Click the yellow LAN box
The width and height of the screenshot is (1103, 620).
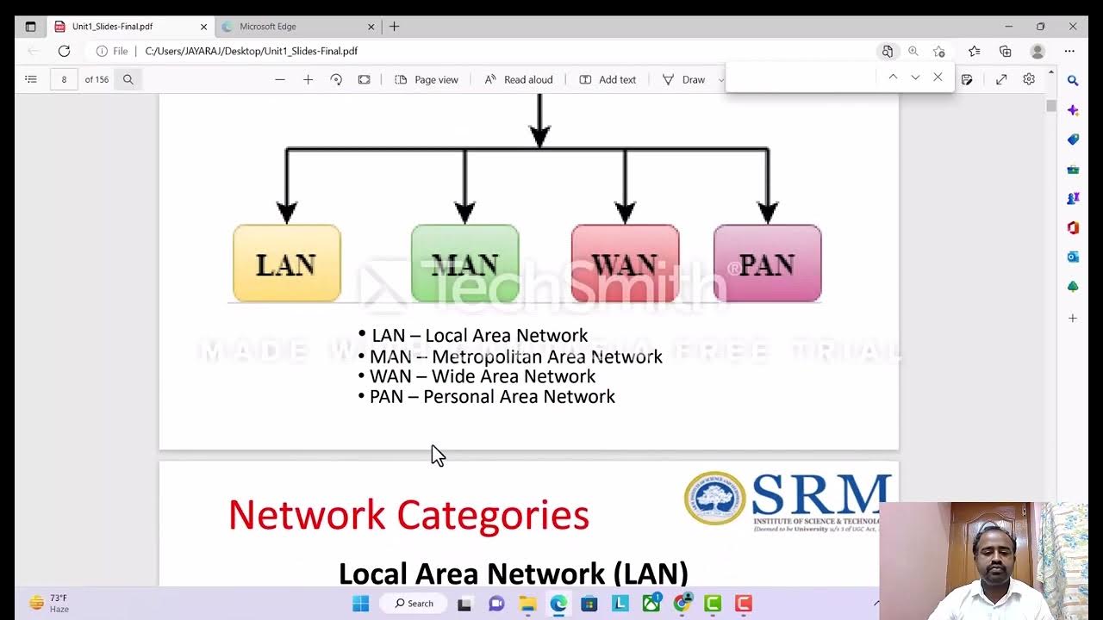click(286, 263)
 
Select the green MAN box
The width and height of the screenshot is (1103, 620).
click(464, 263)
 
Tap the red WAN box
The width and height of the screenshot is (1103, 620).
click(625, 263)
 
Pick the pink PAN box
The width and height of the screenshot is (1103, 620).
click(767, 263)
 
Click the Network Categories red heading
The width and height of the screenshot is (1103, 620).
click(408, 515)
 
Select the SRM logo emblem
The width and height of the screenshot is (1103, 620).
click(715, 499)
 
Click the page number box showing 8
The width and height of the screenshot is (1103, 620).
click(64, 79)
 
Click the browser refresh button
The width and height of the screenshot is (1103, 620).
click(64, 51)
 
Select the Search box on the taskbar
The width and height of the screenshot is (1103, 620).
click(414, 604)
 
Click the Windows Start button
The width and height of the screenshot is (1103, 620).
click(360, 604)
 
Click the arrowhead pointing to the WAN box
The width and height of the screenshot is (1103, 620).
click(625, 212)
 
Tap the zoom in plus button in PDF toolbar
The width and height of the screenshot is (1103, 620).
click(308, 79)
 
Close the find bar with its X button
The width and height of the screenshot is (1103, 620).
click(938, 77)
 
